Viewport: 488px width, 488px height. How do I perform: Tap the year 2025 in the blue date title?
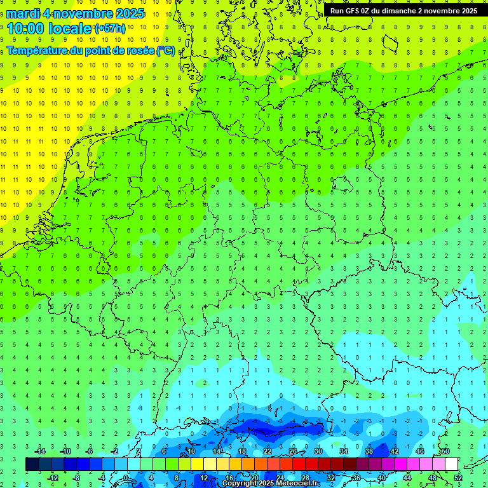pyautogui.click(x=126, y=13)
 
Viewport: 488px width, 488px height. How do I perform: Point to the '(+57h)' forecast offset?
pyautogui.click(x=110, y=29)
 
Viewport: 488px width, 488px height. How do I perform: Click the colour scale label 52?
pyautogui.click(x=458, y=477)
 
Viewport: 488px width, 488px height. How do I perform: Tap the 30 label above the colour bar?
pyautogui.click(x=318, y=451)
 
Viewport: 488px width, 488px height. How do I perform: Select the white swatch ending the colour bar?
pyautogui.click(x=451, y=464)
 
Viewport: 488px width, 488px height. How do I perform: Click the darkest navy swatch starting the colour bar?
pyautogui.click(x=32, y=464)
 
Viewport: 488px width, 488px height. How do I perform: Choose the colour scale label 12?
pyautogui.click(x=204, y=477)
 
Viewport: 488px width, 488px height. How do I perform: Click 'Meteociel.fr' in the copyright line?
pyautogui.click(x=297, y=484)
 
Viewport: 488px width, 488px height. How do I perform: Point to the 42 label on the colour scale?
pyautogui.click(x=395, y=451)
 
